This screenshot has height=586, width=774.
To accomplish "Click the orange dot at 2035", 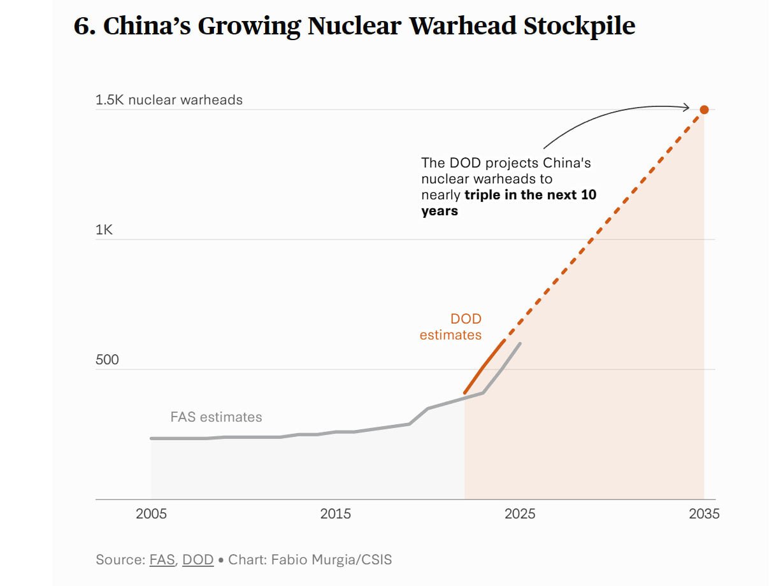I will [x=704, y=110].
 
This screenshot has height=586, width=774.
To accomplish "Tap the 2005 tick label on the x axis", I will [x=151, y=514].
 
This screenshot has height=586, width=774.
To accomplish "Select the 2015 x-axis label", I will [x=336, y=514].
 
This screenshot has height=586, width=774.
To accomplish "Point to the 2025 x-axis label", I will [x=520, y=514].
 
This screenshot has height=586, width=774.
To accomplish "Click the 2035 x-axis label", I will [x=704, y=514].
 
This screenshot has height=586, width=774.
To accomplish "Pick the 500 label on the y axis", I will [x=107, y=360].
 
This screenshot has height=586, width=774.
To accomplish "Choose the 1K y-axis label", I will [x=104, y=230].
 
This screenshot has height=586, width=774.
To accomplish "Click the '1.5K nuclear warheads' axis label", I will [x=169, y=100].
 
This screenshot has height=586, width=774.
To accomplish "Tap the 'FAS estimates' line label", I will [x=216, y=417].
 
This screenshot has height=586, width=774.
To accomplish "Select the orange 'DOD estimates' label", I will [x=450, y=327].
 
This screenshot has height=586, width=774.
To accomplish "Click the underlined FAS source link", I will [x=162, y=560].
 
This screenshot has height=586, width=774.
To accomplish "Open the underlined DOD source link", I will [x=197, y=560].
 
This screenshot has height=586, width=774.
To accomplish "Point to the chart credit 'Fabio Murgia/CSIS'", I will [x=331, y=560].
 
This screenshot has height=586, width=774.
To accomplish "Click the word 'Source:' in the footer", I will [x=120, y=560].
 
